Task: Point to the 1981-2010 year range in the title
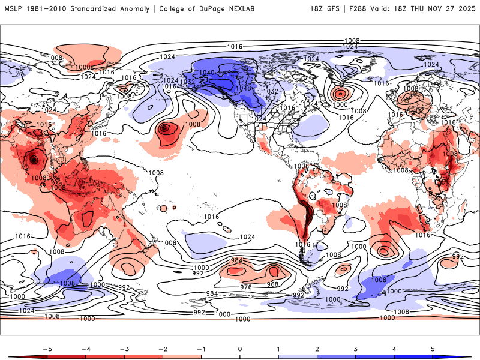point(45,9)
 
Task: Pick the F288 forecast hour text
point(353,9)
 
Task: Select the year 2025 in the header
point(464,9)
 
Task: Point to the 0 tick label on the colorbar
point(240,348)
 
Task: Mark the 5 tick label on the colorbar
point(433,348)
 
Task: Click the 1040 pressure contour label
point(207,72)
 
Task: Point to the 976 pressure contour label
point(246,287)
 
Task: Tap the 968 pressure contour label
point(273,284)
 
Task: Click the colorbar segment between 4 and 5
point(414,356)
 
